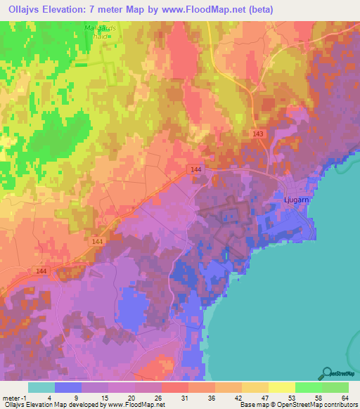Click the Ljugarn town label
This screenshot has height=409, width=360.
296,200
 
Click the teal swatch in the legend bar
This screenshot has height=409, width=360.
41,387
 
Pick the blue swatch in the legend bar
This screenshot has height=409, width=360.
67,387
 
